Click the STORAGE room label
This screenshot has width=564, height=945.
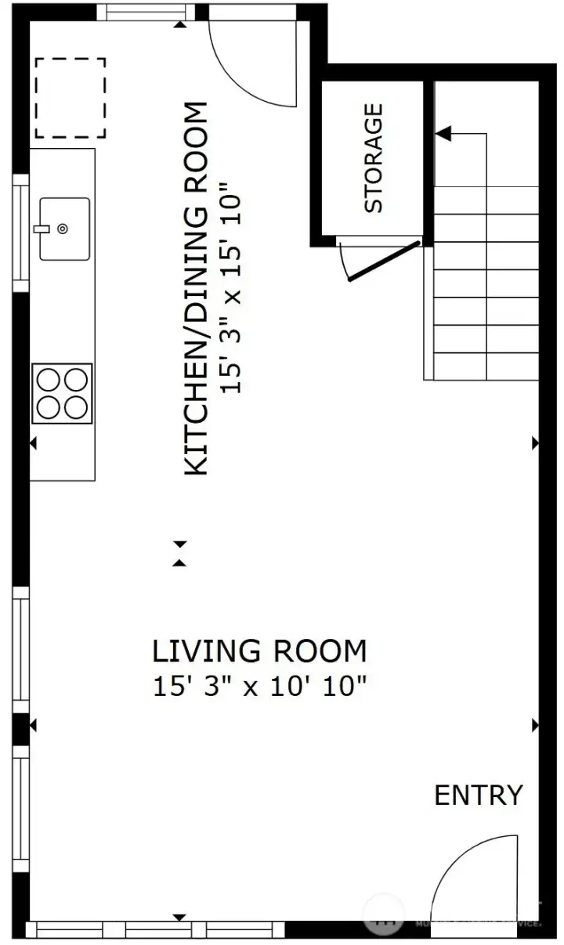pyautogui.click(x=374, y=158)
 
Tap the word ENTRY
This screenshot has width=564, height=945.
pyautogui.click(x=478, y=795)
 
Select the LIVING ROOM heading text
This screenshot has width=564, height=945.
pyautogui.click(x=258, y=651)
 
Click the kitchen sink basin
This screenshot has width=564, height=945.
pyautogui.click(x=64, y=229)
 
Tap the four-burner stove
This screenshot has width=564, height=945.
pyautogui.click(x=63, y=394)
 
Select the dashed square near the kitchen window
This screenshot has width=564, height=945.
pyautogui.click(x=70, y=98)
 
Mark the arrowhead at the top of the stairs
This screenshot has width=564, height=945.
pyautogui.click(x=443, y=134)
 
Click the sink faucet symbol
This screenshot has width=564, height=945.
pyautogui.click(x=41, y=229)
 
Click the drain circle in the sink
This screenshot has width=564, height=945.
pyautogui.click(x=63, y=229)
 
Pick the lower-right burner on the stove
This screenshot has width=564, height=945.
pyautogui.click(x=76, y=407)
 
